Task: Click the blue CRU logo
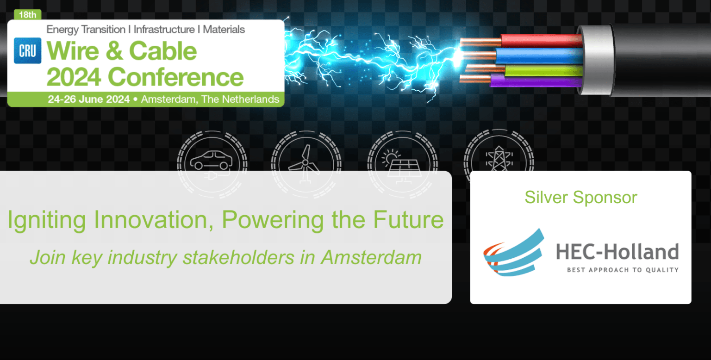(x=27, y=50)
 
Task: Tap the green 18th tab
(x=27, y=15)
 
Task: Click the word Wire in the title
(x=74, y=51)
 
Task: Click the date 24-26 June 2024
(x=89, y=99)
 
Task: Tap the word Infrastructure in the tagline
(x=164, y=30)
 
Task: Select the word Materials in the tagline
(x=224, y=30)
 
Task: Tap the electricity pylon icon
(x=498, y=160)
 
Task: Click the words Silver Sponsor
(x=580, y=198)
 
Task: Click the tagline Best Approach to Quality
(x=623, y=270)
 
